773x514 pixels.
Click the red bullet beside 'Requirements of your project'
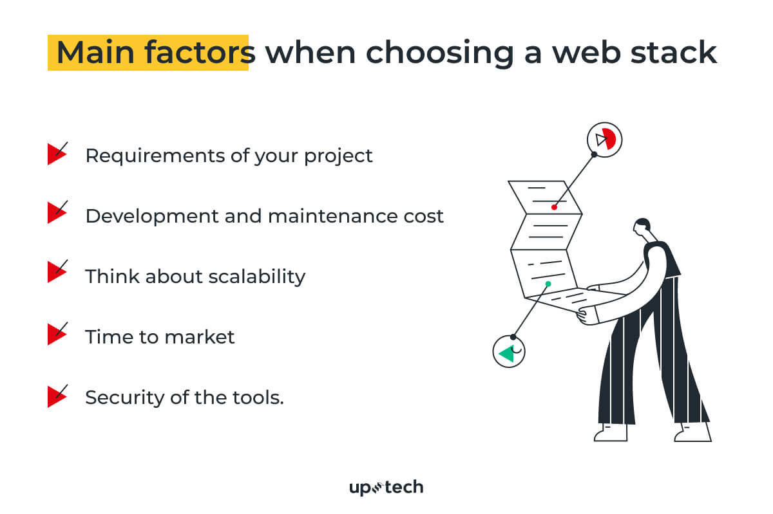click(57, 155)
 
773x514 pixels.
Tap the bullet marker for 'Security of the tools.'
click(57, 396)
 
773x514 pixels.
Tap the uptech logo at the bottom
click(386, 487)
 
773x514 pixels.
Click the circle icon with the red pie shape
click(604, 139)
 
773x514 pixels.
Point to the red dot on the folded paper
click(554, 207)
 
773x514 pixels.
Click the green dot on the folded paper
click(548, 284)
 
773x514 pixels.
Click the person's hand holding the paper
click(584, 313)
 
